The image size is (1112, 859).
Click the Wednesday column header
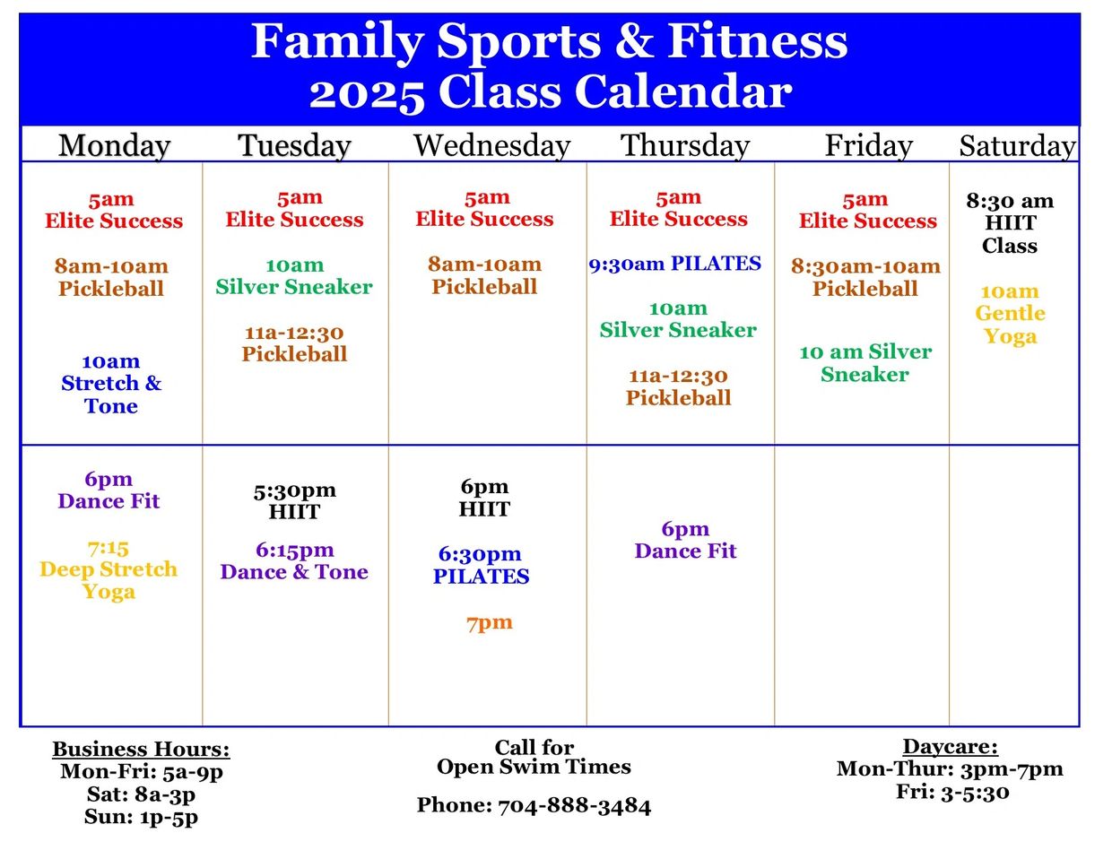click(x=491, y=146)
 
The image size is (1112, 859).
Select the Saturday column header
click(x=1017, y=146)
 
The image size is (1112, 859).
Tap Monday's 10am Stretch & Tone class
click(x=111, y=384)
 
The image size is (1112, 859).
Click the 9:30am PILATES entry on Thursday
click(x=675, y=264)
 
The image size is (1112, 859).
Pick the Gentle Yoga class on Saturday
click(x=1010, y=314)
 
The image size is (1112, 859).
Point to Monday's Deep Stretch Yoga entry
click(x=109, y=570)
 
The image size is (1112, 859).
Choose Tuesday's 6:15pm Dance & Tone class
click(x=294, y=561)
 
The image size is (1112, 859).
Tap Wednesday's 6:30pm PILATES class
click(x=481, y=565)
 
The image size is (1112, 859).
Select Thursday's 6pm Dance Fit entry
click(x=685, y=541)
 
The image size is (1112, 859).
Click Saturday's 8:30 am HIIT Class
click(x=1010, y=223)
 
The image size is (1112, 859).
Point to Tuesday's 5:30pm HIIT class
click(x=294, y=501)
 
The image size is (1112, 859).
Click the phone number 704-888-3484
click(x=574, y=806)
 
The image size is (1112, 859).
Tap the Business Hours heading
click(x=141, y=749)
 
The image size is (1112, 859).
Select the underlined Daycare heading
click(x=951, y=746)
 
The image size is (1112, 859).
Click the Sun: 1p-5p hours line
click(x=141, y=817)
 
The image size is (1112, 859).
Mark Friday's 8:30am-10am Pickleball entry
click(x=865, y=277)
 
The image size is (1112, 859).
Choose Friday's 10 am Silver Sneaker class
click(x=865, y=363)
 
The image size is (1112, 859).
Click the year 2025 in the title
click(x=367, y=94)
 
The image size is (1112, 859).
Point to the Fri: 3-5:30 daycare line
click(x=952, y=792)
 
